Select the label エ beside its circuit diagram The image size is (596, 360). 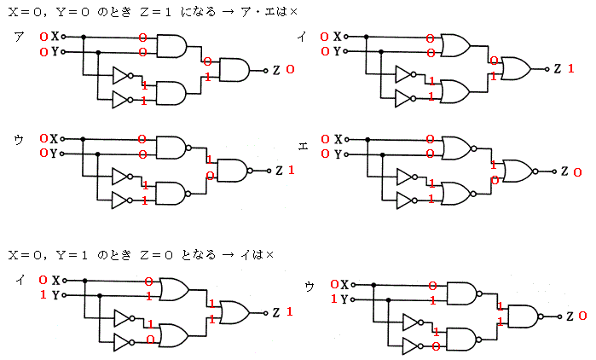[x=303, y=145]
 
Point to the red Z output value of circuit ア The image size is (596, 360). [x=290, y=69]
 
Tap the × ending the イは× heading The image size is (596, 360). [x=269, y=255]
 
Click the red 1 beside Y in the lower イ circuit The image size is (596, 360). [x=43, y=295]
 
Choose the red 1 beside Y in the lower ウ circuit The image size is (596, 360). [x=333, y=299]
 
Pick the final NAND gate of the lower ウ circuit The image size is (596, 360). [x=521, y=316]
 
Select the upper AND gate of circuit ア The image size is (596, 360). [x=172, y=46]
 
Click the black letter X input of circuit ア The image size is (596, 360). [x=55, y=38]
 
